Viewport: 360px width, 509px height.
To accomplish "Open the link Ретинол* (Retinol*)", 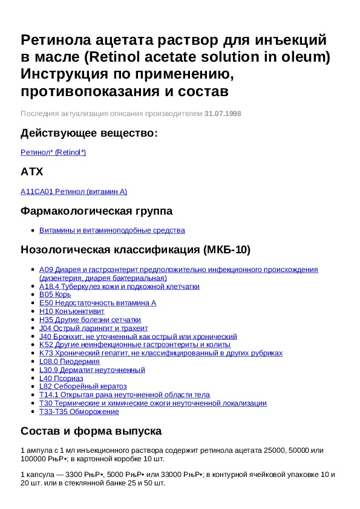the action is pos(53,152).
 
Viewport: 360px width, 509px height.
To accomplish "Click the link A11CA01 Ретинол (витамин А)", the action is pos(74,192).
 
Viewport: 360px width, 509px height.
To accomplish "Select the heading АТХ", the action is pos(32,172).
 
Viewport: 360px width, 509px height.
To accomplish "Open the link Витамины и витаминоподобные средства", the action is pos(112,230).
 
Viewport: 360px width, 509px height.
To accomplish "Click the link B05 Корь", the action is pos(54,294).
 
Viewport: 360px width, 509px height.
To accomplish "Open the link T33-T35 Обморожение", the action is pos(79,412).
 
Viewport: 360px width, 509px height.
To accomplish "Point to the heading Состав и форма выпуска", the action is pos(91,432).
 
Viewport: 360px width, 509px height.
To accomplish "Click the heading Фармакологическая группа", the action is pos(96,211).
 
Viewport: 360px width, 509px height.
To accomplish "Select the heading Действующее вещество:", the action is pos(89,133).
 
